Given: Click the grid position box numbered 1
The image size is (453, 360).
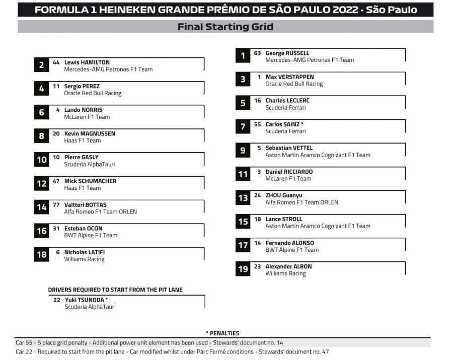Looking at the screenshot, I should [x=243, y=56].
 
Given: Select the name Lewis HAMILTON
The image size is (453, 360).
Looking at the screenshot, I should [x=87, y=62].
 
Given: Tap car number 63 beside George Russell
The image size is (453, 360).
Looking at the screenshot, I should [x=257, y=53].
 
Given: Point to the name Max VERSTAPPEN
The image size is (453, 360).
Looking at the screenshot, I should [x=289, y=77].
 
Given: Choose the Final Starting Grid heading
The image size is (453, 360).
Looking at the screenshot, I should [x=225, y=27].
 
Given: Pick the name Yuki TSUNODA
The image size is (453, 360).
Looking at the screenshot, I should [x=84, y=300].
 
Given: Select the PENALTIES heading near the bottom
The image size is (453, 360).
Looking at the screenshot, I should [x=222, y=333].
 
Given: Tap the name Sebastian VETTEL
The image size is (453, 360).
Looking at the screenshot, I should [x=289, y=148].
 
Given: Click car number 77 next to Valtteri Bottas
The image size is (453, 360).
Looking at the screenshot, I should [x=56, y=205].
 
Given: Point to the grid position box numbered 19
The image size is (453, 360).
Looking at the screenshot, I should [x=243, y=269].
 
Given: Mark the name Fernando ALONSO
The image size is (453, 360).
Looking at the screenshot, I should [x=289, y=243].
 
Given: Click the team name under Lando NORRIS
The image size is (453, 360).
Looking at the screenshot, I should [x=87, y=117].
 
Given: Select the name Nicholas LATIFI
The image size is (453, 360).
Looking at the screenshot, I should [x=85, y=252].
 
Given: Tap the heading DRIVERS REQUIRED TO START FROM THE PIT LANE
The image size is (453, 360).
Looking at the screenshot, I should [x=115, y=290].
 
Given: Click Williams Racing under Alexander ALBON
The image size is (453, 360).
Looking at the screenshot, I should [x=285, y=273].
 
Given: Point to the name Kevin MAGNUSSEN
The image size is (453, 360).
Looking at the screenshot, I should [x=90, y=133].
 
